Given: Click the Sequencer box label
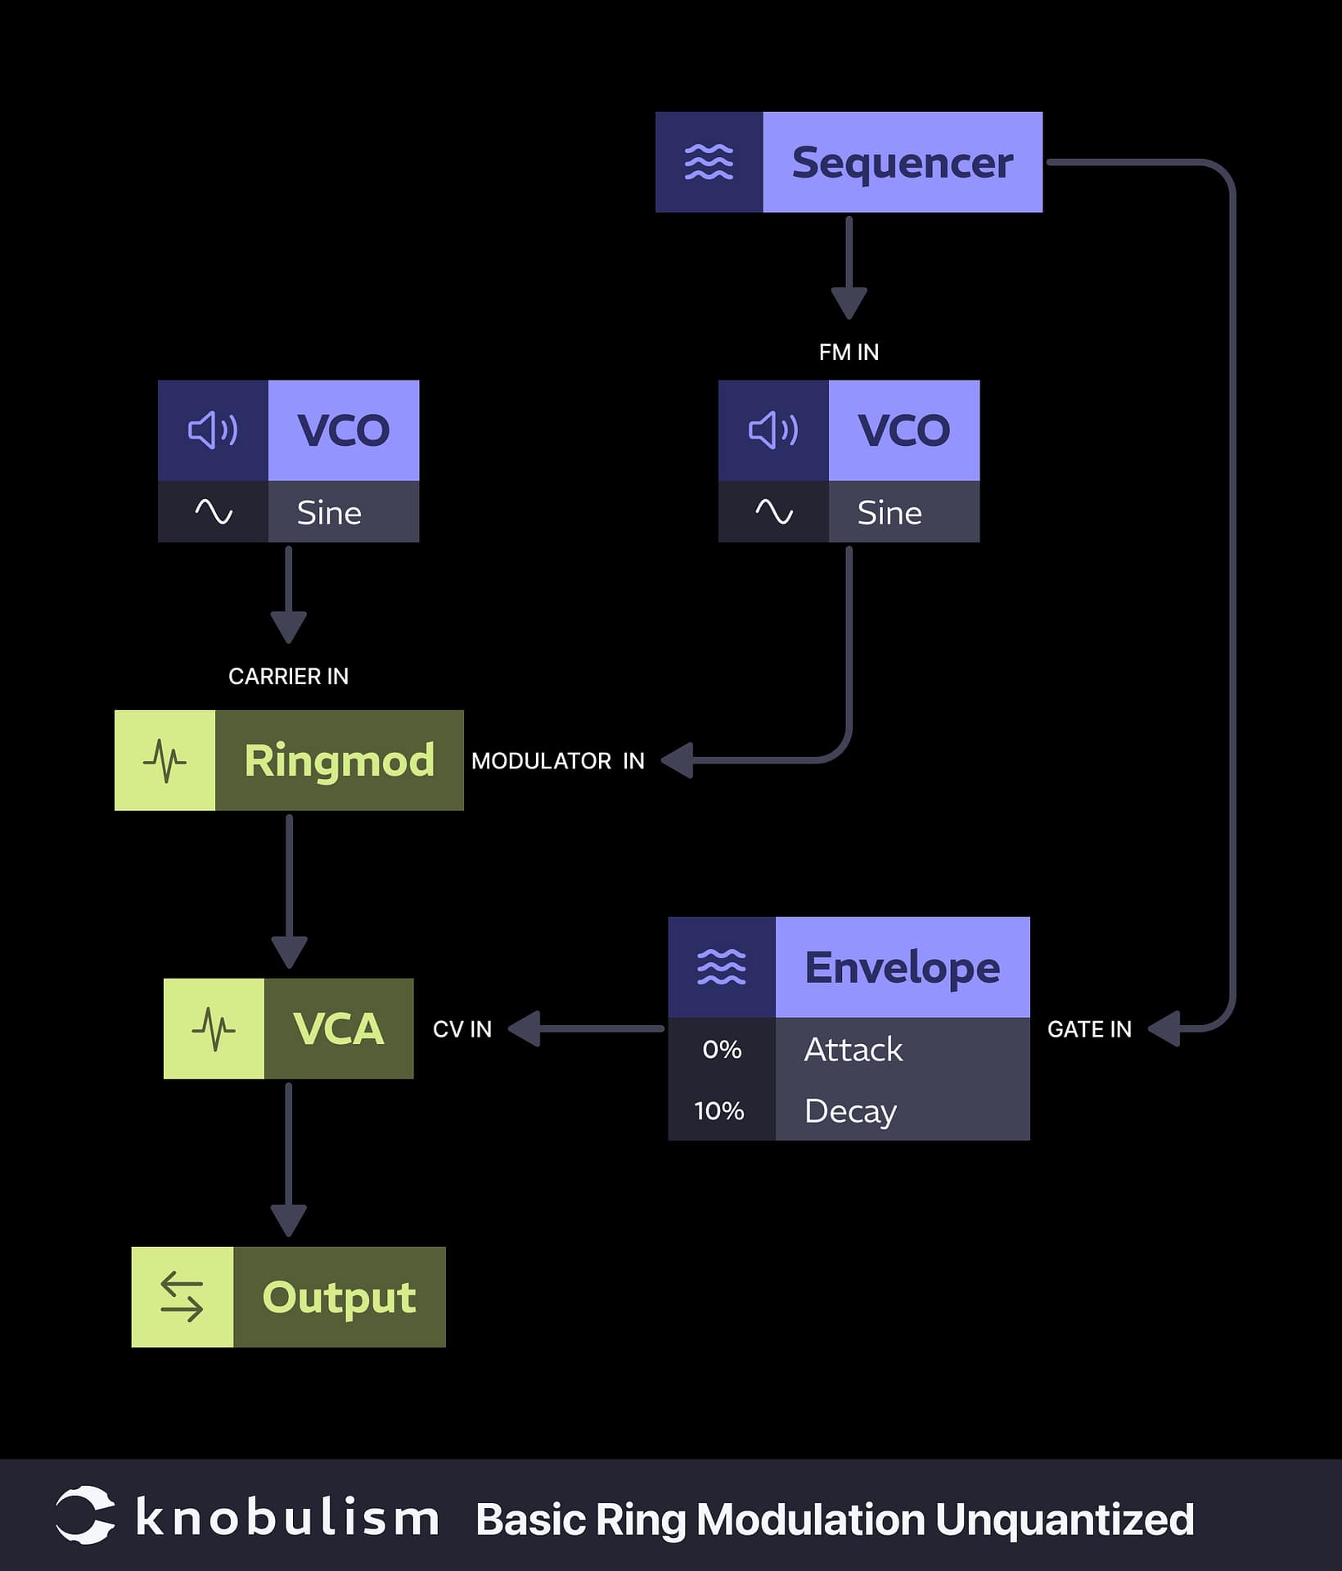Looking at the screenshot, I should pyautogui.click(x=902, y=163).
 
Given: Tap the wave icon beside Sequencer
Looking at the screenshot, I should pyautogui.click(x=709, y=162).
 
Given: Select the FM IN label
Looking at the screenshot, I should pyautogui.click(x=849, y=352).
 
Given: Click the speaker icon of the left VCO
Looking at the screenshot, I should pyautogui.click(x=213, y=430).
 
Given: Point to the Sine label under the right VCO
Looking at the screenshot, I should pyautogui.click(x=889, y=513).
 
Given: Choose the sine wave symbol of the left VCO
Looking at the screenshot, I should pyautogui.click(x=214, y=512).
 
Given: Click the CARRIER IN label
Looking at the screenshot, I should pyautogui.click(x=288, y=676).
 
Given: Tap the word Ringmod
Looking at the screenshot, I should pyautogui.click(x=339, y=761).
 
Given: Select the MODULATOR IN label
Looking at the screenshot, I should pyautogui.click(x=558, y=761).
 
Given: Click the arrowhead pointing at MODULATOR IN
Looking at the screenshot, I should pyautogui.click(x=678, y=760).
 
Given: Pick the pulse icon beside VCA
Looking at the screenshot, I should pyautogui.click(x=214, y=1029).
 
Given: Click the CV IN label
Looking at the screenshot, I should pyautogui.click(x=462, y=1029).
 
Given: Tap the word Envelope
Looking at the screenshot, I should pyautogui.click(x=902, y=968).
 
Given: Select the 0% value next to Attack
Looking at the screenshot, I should pyautogui.click(x=721, y=1049).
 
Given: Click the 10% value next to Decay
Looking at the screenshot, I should pyautogui.click(x=719, y=1110).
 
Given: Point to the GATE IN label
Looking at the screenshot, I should pyautogui.click(x=1089, y=1029).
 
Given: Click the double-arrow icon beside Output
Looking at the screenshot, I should pyautogui.click(x=182, y=1297).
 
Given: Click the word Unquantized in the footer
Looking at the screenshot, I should pyautogui.click(x=1064, y=1520).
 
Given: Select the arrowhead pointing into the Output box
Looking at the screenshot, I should pyautogui.click(x=289, y=1220).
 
